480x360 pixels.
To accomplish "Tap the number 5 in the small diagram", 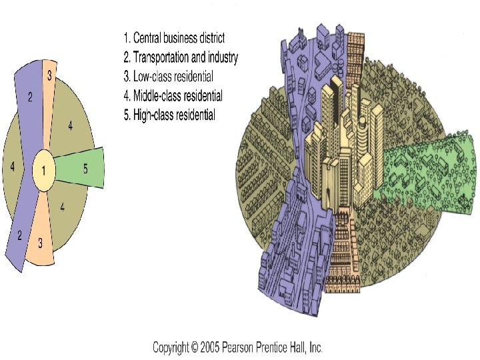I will (85, 169).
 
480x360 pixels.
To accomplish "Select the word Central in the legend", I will (150, 38).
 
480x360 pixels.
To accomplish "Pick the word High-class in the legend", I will (153, 115).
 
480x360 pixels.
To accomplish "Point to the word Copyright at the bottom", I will (174, 347).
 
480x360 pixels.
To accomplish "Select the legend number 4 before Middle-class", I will (127, 96).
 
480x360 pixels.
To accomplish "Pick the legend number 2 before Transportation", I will (127, 57).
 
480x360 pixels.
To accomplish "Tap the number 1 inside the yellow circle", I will (44, 171).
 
